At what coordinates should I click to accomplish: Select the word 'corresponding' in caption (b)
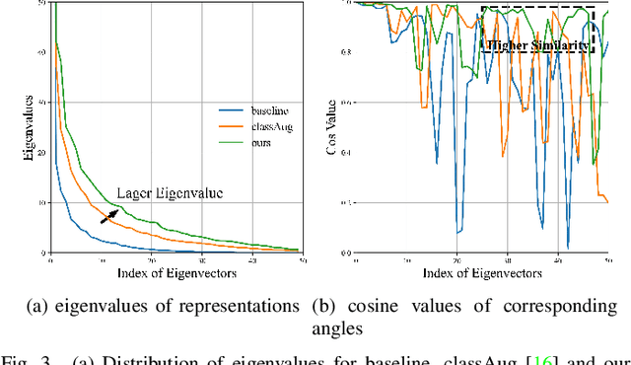point(562,306)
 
